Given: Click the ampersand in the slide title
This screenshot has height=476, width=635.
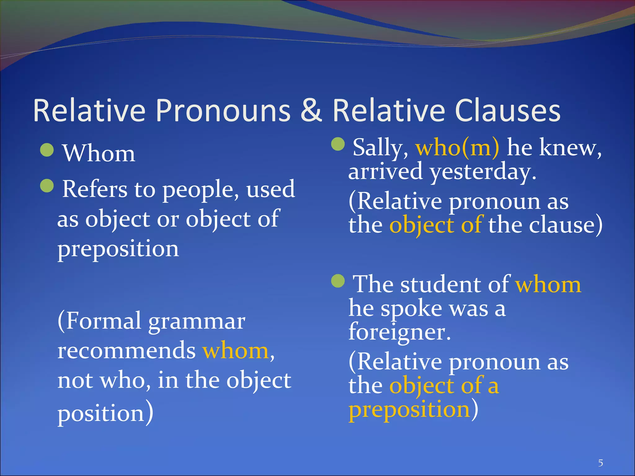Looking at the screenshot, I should tap(311, 110).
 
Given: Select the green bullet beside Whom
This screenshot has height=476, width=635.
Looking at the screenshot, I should tap(47, 150).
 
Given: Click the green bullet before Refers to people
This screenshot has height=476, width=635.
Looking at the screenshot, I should tap(47, 186).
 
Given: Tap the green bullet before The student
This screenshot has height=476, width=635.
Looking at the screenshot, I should tap(338, 281).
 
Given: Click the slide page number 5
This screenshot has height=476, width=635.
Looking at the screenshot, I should tap(601, 463).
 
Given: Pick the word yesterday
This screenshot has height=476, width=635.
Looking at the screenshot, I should tap(483, 172).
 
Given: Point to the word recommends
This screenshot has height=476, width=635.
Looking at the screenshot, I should tap(127, 351).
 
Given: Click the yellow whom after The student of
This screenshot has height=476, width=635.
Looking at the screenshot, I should tap(548, 284).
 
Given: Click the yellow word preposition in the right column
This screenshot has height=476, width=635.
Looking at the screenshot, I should tap(409, 410).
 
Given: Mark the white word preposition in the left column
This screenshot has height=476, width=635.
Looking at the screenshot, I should tap(118, 249).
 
